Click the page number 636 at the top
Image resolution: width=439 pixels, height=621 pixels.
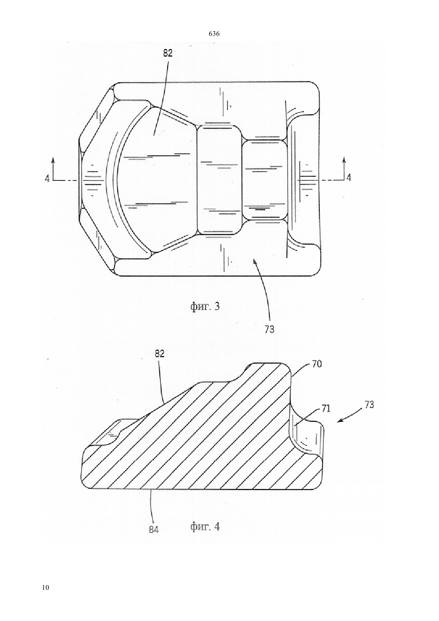[214, 34]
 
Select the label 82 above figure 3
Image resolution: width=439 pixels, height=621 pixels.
[168, 53]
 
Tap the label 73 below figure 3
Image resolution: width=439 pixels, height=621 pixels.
[269, 329]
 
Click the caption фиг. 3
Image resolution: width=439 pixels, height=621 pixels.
[205, 307]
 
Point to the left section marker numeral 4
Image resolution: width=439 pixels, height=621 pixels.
[47, 178]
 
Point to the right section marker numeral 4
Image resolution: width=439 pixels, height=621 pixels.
[349, 178]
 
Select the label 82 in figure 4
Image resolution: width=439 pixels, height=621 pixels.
[160, 354]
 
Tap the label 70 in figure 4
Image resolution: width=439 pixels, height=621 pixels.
[317, 364]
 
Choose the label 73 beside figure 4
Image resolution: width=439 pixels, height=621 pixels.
[369, 404]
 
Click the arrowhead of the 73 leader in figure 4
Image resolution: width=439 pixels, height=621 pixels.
[339, 421]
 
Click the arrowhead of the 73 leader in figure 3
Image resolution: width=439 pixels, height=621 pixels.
[255, 260]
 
